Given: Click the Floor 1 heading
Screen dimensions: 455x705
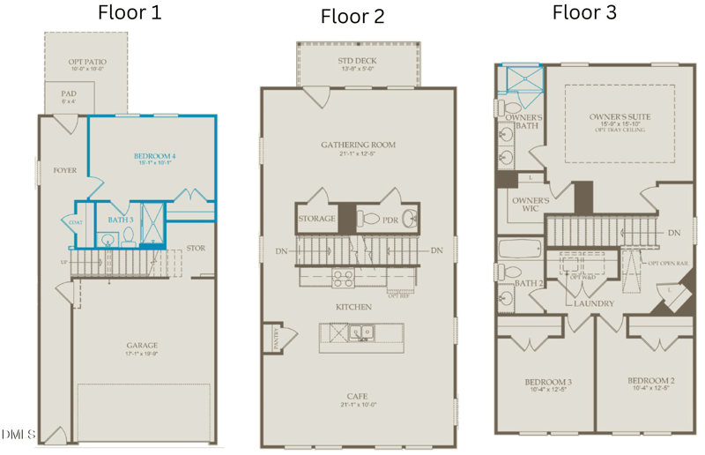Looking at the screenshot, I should coord(130,12).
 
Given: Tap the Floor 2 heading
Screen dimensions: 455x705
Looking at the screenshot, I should coord(352,16).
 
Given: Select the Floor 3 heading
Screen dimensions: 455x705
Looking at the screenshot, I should coord(583,11).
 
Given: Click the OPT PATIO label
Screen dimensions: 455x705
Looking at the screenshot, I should coord(87,63).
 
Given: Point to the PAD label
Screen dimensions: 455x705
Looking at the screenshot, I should coord(68,93).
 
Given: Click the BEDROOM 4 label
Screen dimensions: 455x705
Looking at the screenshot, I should coord(154,156).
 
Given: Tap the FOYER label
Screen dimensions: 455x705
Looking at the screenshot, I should coord(64,170).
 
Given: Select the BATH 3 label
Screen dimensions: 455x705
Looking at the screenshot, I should coord(121,220).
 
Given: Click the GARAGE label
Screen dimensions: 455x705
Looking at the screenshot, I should coord(141,345).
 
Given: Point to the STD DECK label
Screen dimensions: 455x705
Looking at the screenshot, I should coord(358,61).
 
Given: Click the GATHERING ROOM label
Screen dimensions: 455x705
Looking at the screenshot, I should coord(358,145).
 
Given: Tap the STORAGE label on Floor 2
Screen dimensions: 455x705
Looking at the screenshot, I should coord(317,219).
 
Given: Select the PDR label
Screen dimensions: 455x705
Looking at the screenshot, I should coord(390,219).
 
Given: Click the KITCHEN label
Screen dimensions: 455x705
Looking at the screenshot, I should coord(352,307).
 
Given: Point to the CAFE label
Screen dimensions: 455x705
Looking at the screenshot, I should coord(357,396).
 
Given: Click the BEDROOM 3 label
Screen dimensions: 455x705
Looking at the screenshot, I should coord(548,382).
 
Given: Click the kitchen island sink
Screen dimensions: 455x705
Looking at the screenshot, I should coord(360,333).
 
